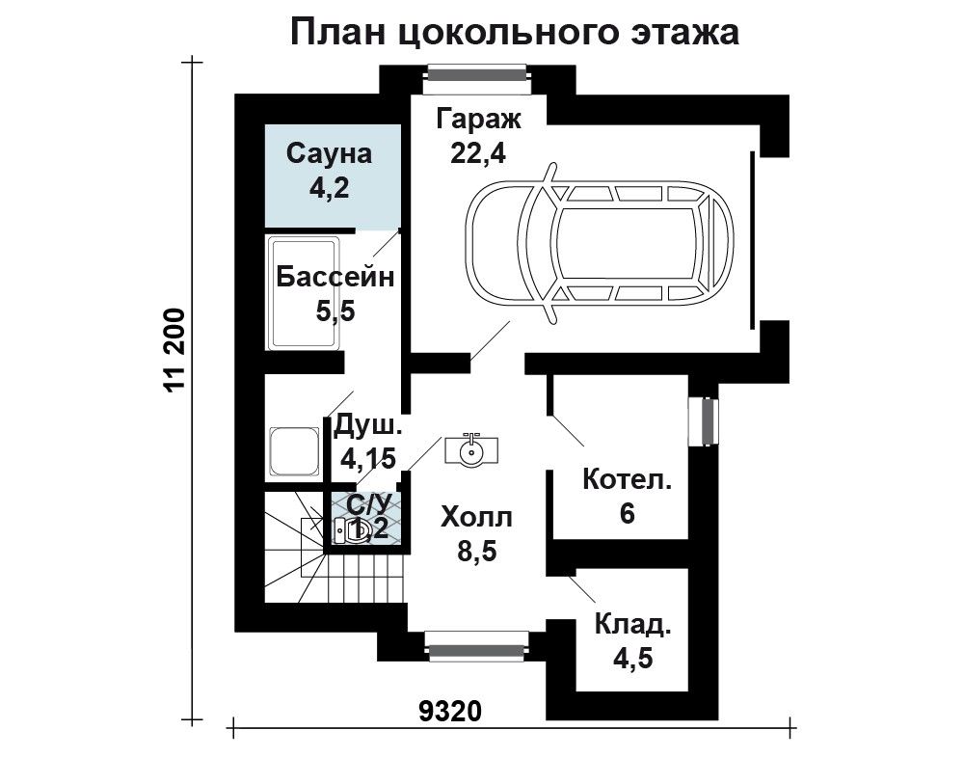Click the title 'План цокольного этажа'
pyautogui.click(x=514, y=33)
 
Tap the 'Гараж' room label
pyautogui.click(x=479, y=120)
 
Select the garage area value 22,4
pyautogui.click(x=478, y=153)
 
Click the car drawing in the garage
pyautogui.click(x=600, y=242)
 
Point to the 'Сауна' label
pyautogui.click(x=329, y=153)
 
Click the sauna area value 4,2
pyautogui.click(x=329, y=187)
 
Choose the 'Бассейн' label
pyautogui.click(x=335, y=278)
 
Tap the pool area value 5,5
pyautogui.click(x=335, y=311)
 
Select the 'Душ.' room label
pyautogui.click(x=367, y=425)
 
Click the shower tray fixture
pyautogui.click(x=294, y=452)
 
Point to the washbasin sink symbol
pyautogui.click(x=471, y=450)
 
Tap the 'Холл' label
pyautogui.click(x=476, y=519)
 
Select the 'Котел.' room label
pyautogui.click(x=628, y=479)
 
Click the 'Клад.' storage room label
pyautogui.click(x=632, y=626)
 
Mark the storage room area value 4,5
pyautogui.click(x=632, y=659)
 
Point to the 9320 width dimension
pyautogui.click(x=450, y=712)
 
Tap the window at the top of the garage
pyautogui.click(x=478, y=74)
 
